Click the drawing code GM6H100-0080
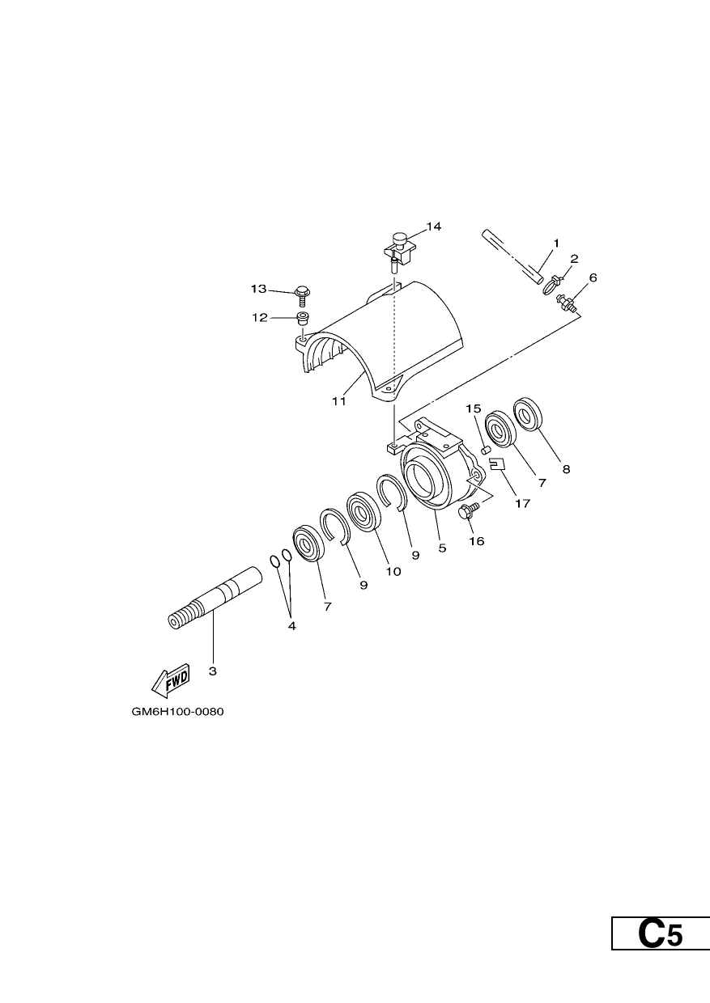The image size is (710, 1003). point(177,712)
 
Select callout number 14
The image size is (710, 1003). point(433,226)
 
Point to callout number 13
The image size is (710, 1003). point(258,289)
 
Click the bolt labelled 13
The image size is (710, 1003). point(302,295)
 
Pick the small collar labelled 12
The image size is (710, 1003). point(303,320)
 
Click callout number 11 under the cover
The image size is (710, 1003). point(339,401)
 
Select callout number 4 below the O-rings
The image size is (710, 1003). point(291,626)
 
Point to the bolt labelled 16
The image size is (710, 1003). point(469,510)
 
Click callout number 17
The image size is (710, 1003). point(522,503)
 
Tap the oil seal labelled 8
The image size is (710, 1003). point(526,414)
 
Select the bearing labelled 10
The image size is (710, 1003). point(364,512)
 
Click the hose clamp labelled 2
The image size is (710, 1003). point(551,286)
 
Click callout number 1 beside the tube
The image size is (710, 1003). point(556,243)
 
